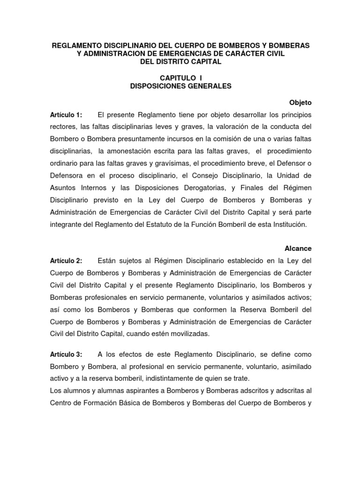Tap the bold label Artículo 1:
pos(66,115)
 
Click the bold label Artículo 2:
pos(66,261)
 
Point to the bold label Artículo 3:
pos(66,354)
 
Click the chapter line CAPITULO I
pos(180,78)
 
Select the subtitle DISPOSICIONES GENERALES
pos(180,86)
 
